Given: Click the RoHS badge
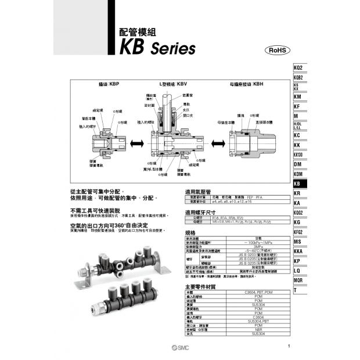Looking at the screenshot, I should click(277, 51).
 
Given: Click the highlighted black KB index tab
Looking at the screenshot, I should click(297, 183).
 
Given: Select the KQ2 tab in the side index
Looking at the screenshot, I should click(298, 67).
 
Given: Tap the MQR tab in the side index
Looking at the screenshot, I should click(298, 280).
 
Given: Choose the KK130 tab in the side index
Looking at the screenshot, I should click(298, 154).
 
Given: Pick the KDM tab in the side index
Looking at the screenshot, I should click(298, 174).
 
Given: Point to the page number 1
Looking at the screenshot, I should click(289, 347).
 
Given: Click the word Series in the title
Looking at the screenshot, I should click(169, 48).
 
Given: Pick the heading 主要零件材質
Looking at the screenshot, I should click(200, 286).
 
